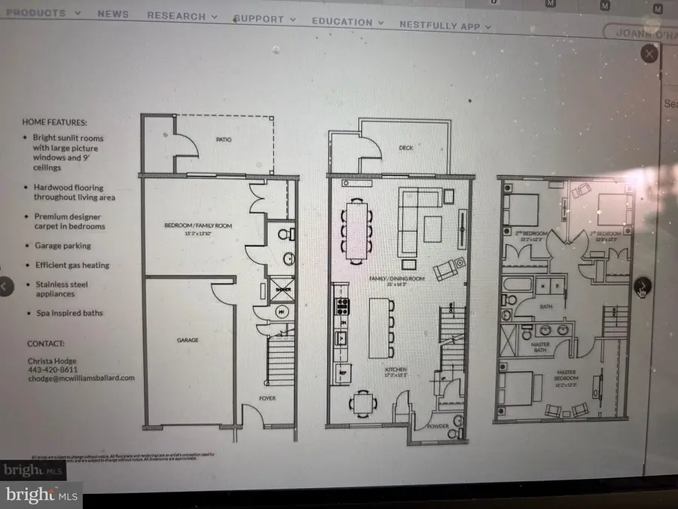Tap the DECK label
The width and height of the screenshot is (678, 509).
pos(407,148)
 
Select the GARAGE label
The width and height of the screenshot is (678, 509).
pos(188,340)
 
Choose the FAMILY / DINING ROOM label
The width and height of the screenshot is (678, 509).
pos(389,280)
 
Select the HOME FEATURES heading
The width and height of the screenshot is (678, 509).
pos(54,122)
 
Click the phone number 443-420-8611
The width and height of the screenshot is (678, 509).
pos(52,369)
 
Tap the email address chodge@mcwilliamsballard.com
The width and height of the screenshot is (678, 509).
pos(81,379)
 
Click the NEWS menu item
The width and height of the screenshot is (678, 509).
pos(113,14)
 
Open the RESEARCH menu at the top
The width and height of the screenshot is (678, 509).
pos(182,16)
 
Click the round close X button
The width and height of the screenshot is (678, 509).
pos(649,54)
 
